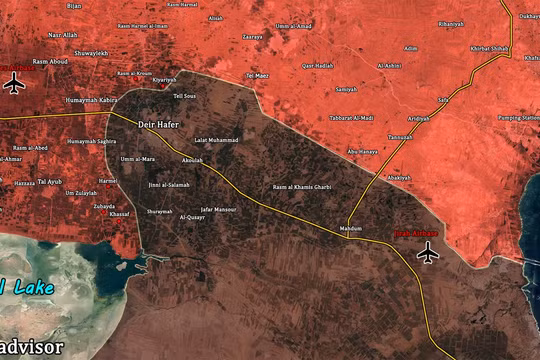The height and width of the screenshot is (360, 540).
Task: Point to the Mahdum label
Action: (x=351, y=229)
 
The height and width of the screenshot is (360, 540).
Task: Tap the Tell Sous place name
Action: (x=184, y=96)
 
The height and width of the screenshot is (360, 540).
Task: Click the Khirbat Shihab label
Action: (x=489, y=48)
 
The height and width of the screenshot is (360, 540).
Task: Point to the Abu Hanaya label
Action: (x=361, y=151)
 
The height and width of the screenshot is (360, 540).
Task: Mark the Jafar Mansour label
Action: (x=219, y=209)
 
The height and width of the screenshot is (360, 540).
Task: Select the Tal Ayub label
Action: (x=49, y=181)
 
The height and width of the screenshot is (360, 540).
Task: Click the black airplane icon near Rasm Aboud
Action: (x=14, y=83)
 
